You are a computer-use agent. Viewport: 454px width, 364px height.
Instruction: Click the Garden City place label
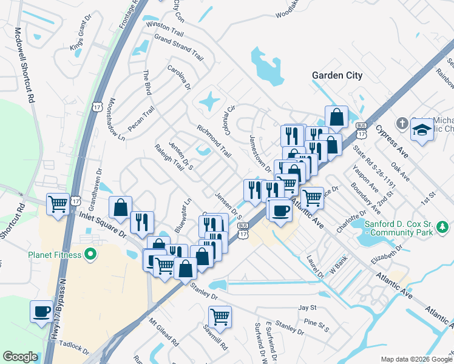[x=337, y=75]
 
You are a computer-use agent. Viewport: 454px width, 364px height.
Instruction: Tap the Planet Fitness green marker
[x=92, y=254]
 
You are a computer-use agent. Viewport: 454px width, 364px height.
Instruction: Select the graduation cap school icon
[x=421, y=130]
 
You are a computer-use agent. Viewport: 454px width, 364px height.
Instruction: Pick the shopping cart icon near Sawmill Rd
[x=220, y=315]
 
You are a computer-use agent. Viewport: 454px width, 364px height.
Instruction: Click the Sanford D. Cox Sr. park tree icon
[x=444, y=226]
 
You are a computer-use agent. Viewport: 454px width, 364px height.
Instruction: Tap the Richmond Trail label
[x=214, y=141]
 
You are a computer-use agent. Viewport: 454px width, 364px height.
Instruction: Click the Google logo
[x=20, y=357]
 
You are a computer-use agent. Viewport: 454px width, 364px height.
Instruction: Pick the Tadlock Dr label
[x=72, y=349]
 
